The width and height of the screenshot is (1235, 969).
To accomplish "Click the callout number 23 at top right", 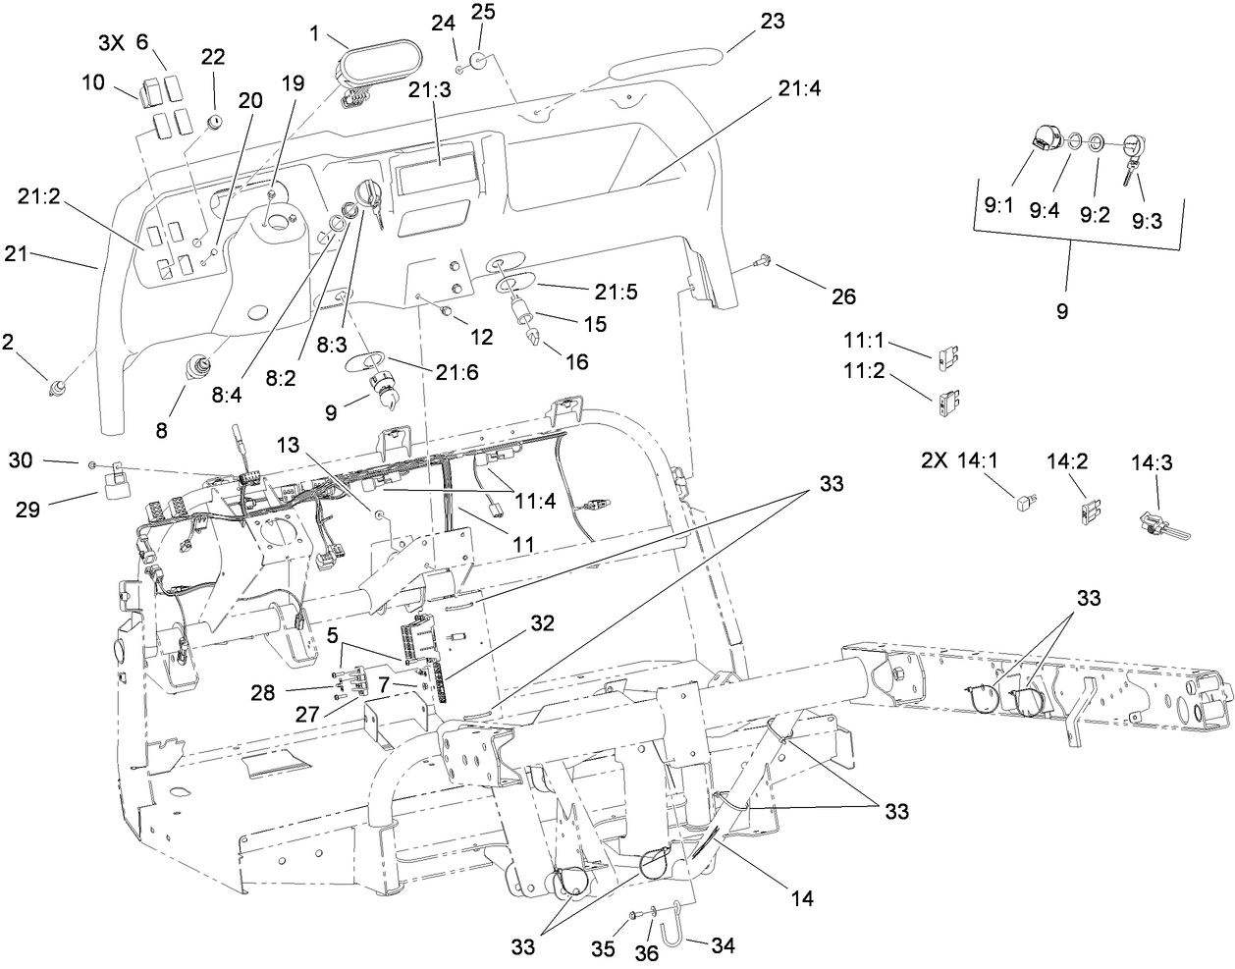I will tap(773, 21).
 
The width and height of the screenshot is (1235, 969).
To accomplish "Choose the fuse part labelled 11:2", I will tap(948, 400).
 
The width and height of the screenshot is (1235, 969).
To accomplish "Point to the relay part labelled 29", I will tap(111, 483).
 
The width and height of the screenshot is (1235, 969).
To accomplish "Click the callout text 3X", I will tap(111, 43).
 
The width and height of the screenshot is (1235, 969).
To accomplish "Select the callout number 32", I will tap(543, 622).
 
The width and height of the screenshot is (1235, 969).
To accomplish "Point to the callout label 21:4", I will tap(800, 89).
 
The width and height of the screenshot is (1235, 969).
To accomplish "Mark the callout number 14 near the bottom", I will tap(800, 896).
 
